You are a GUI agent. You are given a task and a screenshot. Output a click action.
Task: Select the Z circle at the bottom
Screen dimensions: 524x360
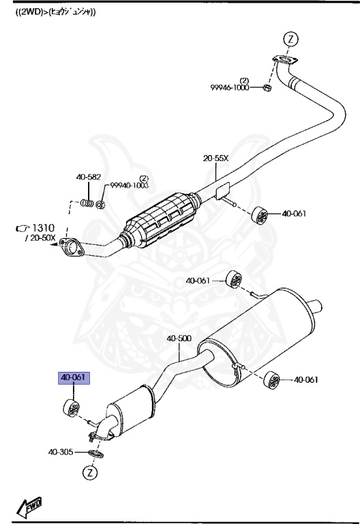point(89,471)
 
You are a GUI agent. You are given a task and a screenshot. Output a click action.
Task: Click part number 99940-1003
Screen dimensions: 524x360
point(127,184)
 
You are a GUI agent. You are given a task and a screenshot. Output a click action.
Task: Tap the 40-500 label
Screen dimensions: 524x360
point(179,338)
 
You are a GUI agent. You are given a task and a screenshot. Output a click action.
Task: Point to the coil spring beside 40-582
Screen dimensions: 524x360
point(86,203)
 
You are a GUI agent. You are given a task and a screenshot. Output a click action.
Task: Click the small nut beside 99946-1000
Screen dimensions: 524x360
point(268,89)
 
